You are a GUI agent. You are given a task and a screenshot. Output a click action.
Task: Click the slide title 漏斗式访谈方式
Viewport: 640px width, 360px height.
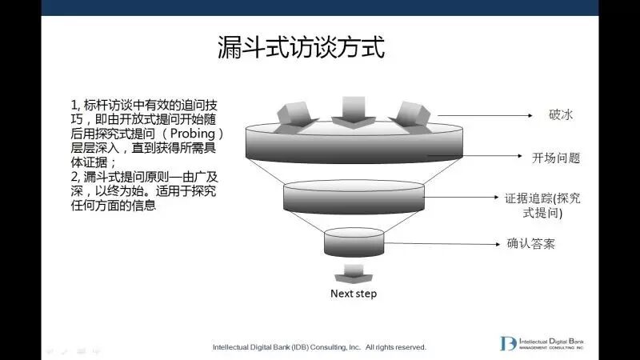coord(302,47)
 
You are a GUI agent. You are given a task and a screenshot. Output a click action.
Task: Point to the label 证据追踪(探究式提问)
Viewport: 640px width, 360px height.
coord(544,206)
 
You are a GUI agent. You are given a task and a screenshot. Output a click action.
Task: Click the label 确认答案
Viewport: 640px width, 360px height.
coord(531,243)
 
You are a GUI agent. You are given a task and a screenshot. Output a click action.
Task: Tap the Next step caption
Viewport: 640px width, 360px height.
coord(353,294)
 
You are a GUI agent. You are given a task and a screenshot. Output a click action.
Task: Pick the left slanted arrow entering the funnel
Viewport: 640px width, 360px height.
coord(291,117)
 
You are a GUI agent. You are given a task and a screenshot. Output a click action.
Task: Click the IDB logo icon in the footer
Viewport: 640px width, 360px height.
coord(508,343)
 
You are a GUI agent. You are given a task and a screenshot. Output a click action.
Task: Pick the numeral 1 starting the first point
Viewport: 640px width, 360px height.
coord(74,104)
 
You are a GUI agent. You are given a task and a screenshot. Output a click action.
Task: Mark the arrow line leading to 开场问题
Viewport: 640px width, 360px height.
coord(480,158)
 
